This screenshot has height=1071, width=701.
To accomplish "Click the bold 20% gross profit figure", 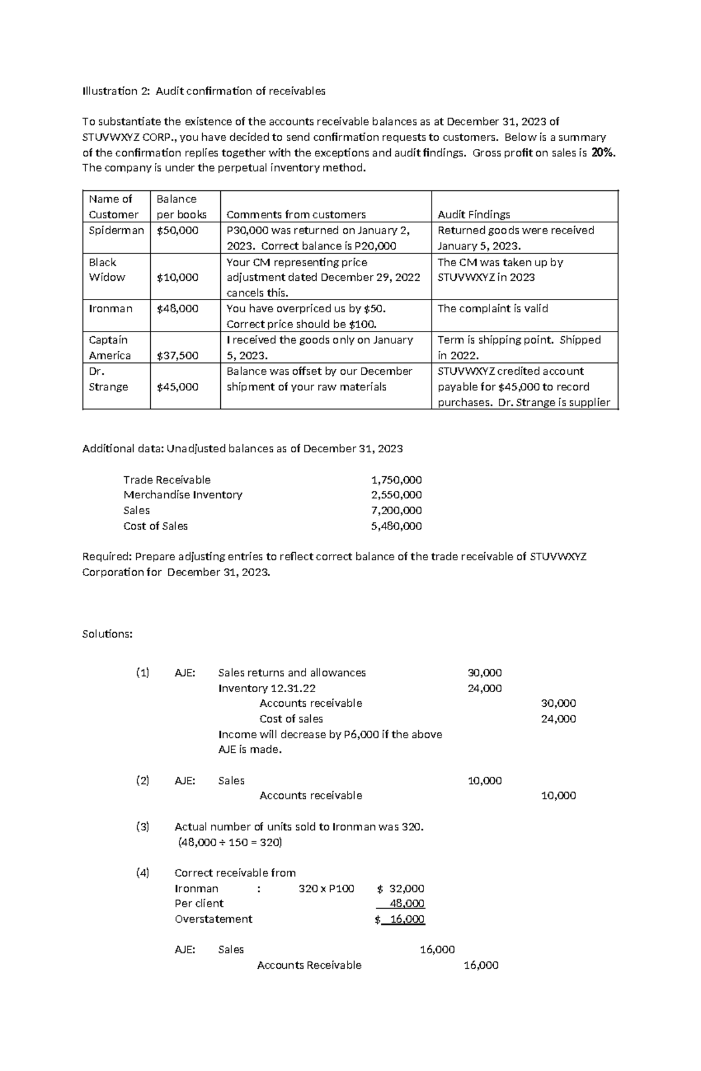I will coord(603,153).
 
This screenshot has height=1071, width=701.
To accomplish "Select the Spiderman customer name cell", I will coord(116,231).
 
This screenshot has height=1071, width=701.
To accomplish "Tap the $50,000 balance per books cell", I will coord(178,231).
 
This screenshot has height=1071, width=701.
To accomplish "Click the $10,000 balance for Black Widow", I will coord(178,277).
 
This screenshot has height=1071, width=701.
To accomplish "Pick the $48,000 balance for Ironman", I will coord(178,309).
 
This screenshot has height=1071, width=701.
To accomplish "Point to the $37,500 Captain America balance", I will coord(178,355).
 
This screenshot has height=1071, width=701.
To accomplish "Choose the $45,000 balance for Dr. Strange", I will coord(178,387).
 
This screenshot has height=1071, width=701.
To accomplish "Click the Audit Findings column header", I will coord(474,215).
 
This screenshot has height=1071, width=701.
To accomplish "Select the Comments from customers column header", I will coord(296,215).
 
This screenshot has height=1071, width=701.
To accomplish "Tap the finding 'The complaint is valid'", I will coord(492,309).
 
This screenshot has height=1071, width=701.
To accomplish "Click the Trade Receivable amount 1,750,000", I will coord(396,480).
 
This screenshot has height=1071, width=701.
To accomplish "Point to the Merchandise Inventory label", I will coord(182,495).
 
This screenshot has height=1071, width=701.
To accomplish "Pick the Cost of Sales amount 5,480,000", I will coord(396,526).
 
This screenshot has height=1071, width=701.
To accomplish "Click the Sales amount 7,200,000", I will coord(396,510).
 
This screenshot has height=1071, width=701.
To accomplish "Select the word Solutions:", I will coord(107,634).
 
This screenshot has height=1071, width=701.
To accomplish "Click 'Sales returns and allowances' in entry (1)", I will coord(291,673).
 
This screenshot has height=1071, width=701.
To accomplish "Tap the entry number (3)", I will coord(143,826).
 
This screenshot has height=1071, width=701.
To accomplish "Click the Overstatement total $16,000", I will coord(401,919).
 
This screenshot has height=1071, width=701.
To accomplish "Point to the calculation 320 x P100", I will coord(326,888).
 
